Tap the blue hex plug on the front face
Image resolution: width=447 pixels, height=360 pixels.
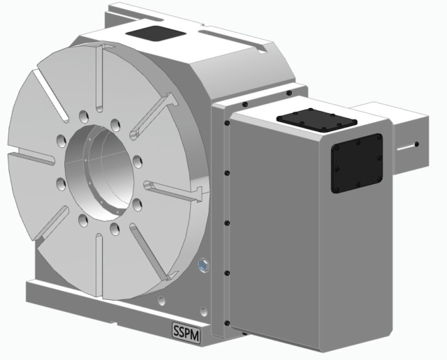point(203,265)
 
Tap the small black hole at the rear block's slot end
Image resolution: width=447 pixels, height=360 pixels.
point(416,145)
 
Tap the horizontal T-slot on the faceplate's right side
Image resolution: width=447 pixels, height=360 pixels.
point(175,188)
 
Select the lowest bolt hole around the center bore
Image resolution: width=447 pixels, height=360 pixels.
point(85,222)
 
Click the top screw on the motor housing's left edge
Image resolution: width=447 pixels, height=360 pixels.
point(227,123)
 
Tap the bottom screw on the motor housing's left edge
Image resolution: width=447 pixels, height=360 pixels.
point(227,322)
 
